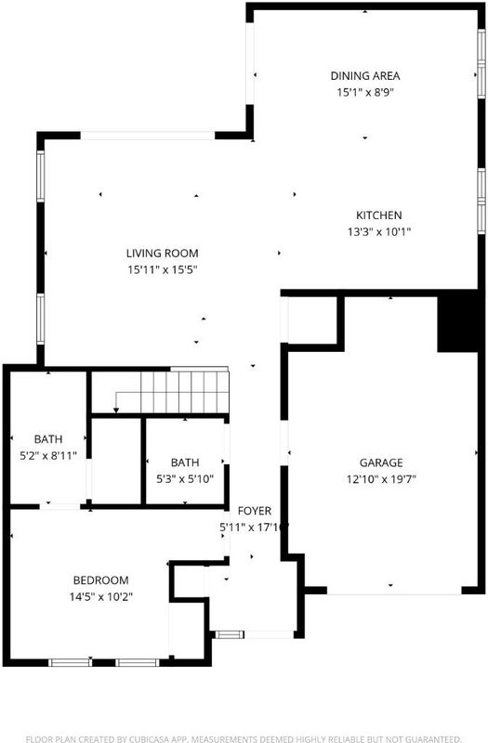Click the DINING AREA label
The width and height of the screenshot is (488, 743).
pos(364,76)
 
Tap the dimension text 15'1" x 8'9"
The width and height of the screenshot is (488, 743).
pos(365,92)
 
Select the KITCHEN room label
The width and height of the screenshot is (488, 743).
pos(379,215)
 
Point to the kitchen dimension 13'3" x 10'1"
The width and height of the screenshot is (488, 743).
pos(379,231)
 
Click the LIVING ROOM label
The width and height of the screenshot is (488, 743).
pos(162,253)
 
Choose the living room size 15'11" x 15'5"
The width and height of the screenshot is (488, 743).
pos(162,270)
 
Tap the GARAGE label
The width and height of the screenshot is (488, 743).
pos(381,463)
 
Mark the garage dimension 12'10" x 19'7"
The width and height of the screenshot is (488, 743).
pos(381,479)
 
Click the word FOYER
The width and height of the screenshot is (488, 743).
pos(255,511)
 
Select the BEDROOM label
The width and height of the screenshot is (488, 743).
pos(100,580)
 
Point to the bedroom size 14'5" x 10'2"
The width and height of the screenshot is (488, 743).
pos(101,596)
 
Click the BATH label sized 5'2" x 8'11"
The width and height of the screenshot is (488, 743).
pos(48,439)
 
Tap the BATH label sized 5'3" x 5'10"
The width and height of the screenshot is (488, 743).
pos(185,463)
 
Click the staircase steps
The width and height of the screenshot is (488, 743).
pos(184,392)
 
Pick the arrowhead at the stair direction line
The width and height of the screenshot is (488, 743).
pos(115,410)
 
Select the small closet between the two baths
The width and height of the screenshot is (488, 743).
pos(117,461)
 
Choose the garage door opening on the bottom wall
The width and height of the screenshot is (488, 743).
pos(394,591)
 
